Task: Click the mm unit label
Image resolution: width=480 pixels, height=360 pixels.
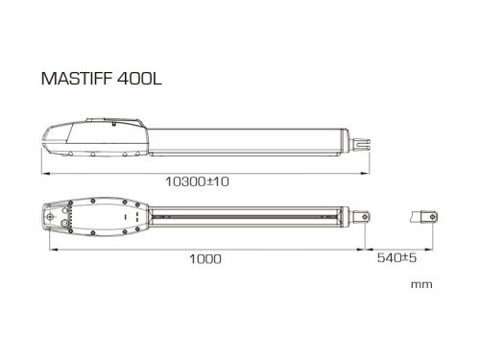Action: pos(420,286)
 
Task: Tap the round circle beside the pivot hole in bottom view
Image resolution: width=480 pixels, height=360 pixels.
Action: pos(66,220)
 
